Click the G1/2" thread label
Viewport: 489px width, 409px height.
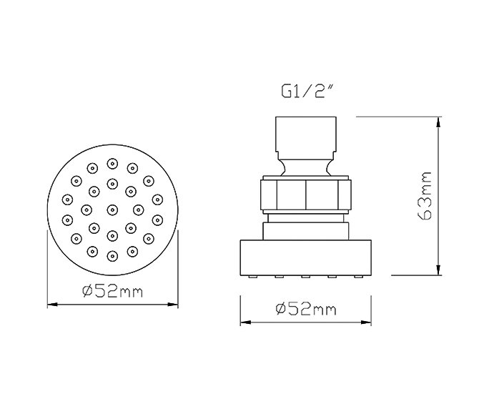point(307,91)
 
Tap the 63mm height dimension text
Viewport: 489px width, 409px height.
point(425,196)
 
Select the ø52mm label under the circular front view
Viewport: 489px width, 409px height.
point(112,292)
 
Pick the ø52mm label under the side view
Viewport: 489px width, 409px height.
point(306,309)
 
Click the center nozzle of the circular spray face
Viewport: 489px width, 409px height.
point(112,210)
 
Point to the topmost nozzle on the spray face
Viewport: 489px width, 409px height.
point(112,164)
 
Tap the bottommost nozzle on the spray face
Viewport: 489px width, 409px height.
point(112,256)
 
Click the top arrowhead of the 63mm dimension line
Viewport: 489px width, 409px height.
point(438,122)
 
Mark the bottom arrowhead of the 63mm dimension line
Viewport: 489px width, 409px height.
point(438,270)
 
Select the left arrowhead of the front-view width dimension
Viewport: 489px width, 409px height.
point(52,304)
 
